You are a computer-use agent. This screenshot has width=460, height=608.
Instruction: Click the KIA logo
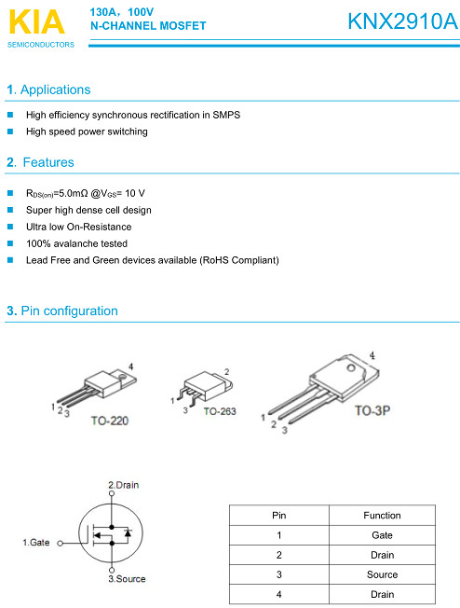click(34, 21)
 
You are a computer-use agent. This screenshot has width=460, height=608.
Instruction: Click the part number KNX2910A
click(402, 21)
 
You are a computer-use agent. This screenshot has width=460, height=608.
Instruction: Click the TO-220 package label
click(110, 421)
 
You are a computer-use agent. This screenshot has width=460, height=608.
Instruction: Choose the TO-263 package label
click(222, 411)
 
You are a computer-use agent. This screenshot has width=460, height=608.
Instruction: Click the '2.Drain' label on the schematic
click(124, 484)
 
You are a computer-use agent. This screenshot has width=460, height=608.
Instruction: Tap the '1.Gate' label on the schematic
click(35, 542)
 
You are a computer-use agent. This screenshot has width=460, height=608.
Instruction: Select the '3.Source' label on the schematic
click(127, 579)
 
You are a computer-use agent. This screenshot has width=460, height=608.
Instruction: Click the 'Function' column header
click(382, 515)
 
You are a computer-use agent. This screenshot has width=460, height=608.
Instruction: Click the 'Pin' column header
click(279, 515)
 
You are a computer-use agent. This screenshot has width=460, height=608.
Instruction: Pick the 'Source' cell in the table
click(382, 574)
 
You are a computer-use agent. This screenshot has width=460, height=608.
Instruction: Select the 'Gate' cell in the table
click(382, 535)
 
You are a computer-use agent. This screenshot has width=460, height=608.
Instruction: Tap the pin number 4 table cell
click(279, 594)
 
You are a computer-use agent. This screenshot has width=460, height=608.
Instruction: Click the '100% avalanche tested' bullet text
click(76, 243)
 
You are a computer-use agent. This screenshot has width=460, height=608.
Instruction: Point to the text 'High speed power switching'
click(87, 131)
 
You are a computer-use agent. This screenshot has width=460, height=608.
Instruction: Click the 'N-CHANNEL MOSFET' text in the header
click(148, 26)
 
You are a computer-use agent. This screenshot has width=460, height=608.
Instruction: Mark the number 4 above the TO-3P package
click(372, 355)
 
